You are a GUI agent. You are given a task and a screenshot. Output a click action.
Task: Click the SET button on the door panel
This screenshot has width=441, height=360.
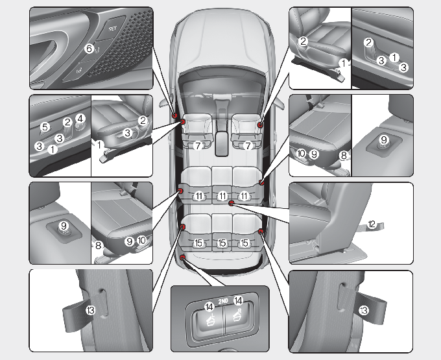click(112, 29)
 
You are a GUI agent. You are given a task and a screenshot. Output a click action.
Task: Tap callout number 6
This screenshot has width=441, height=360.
click(89, 48)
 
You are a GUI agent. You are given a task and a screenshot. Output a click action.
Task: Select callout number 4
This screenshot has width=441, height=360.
click(80, 118)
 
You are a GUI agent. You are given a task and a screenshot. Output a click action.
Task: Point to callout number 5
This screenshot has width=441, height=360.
click(44, 126)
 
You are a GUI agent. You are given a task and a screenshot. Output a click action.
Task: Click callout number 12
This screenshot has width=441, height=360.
click(372, 224)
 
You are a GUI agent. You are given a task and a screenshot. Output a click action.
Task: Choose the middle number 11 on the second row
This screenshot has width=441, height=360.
click(222, 196)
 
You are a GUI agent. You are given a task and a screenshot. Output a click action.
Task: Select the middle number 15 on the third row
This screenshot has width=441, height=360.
click(222, 243)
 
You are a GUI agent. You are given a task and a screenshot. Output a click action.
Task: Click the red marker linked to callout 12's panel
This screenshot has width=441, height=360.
click(231, 203)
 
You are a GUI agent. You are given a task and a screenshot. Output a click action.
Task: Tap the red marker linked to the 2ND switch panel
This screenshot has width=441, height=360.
click(183, 258)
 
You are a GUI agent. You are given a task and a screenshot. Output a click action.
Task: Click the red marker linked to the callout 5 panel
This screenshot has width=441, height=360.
click(183, 121)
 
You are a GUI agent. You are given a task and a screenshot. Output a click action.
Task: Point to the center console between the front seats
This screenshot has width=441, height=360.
click(222, 139)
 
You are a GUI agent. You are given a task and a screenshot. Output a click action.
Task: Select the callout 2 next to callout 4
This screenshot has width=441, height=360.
click(67, 121)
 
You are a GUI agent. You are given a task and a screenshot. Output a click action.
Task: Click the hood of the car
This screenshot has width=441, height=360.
click(222, 36)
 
